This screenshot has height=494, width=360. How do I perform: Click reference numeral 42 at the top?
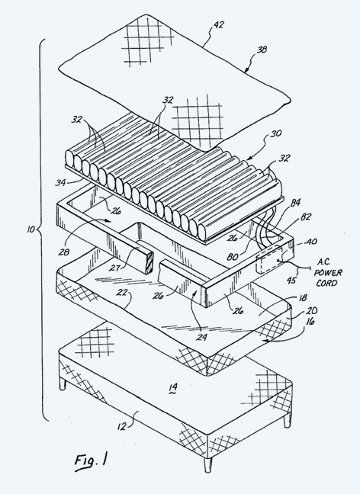218,24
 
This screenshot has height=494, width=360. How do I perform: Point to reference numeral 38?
262,50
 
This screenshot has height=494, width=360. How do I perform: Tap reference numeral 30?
276,134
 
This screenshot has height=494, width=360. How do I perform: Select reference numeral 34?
60,182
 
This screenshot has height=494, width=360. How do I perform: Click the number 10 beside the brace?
31,229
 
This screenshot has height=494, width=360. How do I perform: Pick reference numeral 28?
63,252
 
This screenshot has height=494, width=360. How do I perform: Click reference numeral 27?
114,268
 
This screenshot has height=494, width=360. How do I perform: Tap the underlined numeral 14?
173,387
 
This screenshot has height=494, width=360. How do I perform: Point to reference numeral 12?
122,427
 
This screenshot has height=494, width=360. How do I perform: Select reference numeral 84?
295,203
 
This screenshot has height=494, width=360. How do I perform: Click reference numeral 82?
305,217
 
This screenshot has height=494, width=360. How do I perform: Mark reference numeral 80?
233,257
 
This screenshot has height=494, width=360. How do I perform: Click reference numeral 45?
291,280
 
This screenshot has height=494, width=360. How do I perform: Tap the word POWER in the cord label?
328,272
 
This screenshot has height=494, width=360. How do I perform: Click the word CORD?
326,283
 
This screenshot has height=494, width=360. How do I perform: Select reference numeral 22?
121,293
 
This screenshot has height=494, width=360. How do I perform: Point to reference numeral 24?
202,338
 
